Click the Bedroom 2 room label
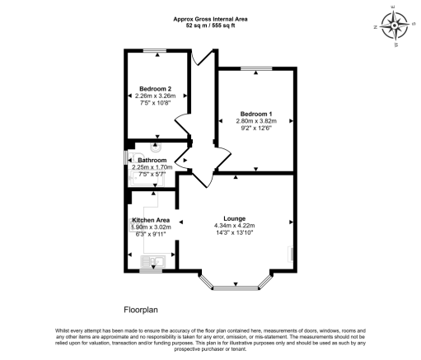(155, 88)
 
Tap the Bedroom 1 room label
(256, 113)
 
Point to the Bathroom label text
(152, 160)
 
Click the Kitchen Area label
(151, 220)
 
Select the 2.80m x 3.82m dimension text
(256, 120)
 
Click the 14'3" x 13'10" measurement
(235, 233)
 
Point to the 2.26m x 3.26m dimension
(155, 96)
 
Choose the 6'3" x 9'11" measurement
(151, 234)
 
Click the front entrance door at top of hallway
(200, 58)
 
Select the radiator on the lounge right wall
(289, 255)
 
